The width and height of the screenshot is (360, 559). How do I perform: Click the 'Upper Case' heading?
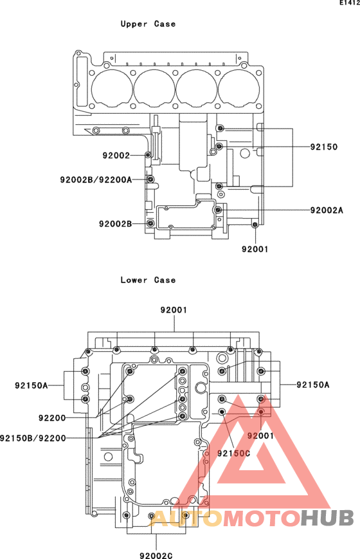click(148, 24)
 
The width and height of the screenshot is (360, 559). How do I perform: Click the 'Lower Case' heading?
click(148, 280)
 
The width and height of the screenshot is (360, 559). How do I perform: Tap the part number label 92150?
click(323, 147)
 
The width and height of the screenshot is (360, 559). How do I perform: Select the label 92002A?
click(327, 210)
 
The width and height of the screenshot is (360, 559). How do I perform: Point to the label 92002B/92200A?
click(96, 179)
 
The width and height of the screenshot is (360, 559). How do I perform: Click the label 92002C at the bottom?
click(156, 555)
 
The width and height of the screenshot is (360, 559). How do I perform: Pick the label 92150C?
click(234, 453)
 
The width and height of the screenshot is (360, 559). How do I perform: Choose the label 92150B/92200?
click(33, 438)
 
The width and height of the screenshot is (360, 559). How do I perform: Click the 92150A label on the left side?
click(32, 385)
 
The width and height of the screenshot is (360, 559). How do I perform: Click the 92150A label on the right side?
click(313, 385)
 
